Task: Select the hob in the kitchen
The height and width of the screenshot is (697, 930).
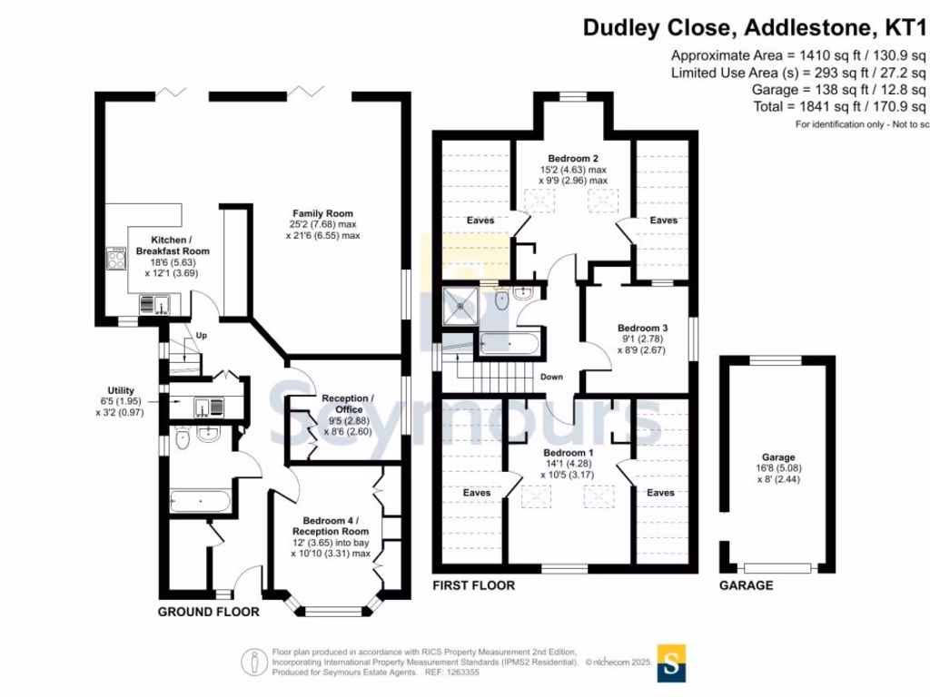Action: coord(117,260)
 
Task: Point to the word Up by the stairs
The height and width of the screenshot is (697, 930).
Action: coord(202,336)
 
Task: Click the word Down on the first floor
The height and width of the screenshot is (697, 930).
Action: coord(551,377)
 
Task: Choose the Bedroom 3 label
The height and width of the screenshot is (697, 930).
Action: coord(643,328)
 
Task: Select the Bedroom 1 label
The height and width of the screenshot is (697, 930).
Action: coord(568,452)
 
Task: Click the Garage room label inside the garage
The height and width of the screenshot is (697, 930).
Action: coord(778,457)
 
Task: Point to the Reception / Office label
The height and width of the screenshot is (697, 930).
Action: coord(347,398)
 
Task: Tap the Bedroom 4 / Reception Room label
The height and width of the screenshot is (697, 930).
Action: coord(330,520)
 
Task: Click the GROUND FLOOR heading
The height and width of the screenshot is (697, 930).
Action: coord(209,612)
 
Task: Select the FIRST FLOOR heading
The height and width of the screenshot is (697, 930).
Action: coord(473,585)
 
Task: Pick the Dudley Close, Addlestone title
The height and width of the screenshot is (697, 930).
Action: coord(754,27)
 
